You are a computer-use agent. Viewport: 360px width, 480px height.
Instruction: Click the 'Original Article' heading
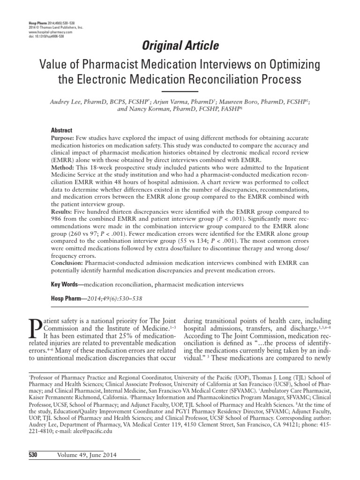(180, 45)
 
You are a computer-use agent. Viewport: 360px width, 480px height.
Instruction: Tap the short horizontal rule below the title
(180, 91)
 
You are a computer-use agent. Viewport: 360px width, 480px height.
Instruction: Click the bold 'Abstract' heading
(61, 130)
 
